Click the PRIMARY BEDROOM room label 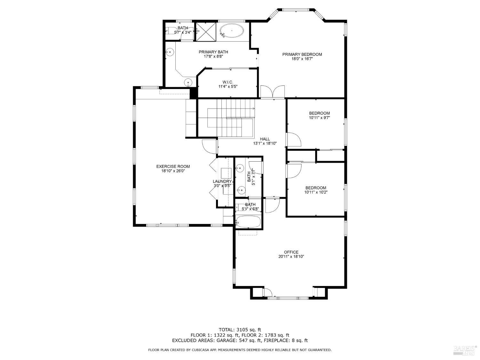pos(302,54)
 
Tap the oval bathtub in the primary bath pos(231,31)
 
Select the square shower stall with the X pos(206,31)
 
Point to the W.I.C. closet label pos(228,82)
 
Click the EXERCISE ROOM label pos(173,166)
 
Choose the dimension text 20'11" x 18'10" pos(291,257)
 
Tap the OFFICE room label pos(291,252)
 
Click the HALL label pos(265,139)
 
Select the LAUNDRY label pos(222,181)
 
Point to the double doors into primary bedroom pos(272,92)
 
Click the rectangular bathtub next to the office pos(248,222)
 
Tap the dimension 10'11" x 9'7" pos(319,118)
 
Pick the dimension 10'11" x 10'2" pos(316,192)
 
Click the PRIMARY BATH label pos(213,52)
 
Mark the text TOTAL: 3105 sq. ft pos(240,329)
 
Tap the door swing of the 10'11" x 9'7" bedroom pos(294,140)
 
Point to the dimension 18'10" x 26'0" pos(173,171)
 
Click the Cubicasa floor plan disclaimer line pos(240,350)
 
